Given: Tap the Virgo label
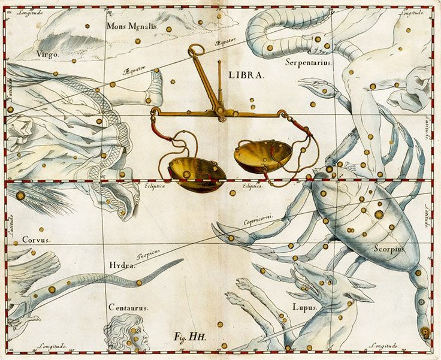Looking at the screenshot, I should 48,54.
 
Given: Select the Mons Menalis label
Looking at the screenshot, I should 131,26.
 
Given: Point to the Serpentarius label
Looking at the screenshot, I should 309,62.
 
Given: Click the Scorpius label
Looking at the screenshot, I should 389,248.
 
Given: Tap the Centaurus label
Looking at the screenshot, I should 128,307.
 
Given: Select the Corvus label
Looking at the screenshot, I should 36,239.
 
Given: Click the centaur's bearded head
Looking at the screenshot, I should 128,331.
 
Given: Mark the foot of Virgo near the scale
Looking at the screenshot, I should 155,84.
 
